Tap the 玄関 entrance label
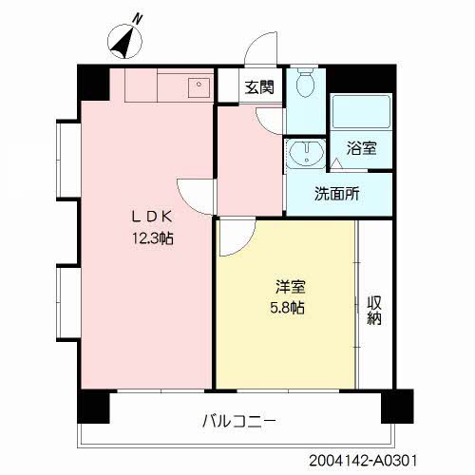click(258, 87)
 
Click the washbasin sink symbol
click(305, 153)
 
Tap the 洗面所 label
click(337, 194)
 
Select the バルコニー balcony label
click(238, 419)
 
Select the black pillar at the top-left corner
click(93, 83)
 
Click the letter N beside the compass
click(138, 17)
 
